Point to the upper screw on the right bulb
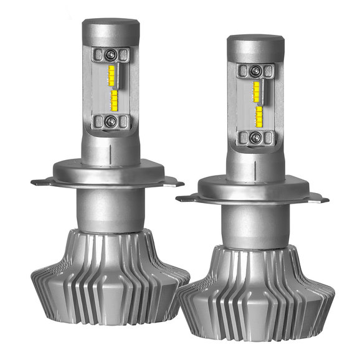255,70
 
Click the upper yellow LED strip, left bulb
113,75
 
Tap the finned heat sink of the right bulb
252,299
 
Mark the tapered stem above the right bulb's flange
253,163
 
